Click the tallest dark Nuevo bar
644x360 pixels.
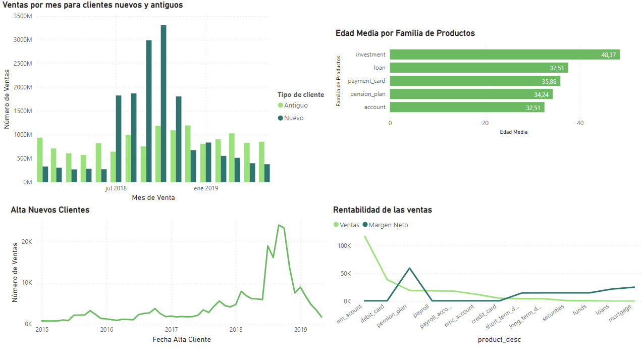(x=164, y=104)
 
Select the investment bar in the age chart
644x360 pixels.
(x=504, y=55)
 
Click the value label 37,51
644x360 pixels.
(x=557, y=68)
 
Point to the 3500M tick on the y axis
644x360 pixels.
(x=22, y=16)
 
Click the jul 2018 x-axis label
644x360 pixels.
(x=116, y=189)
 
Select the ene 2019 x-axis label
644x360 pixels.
(x=206, y=189)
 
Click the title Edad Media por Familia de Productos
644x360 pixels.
(x=405, y=33)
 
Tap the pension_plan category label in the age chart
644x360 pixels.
(x=366, y=94)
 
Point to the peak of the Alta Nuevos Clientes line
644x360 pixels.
(x=279, y=225)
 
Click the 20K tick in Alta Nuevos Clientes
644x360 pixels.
(x=26, y=242)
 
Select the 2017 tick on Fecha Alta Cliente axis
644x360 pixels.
(x=171, y=330)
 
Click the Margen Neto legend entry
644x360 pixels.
(x=388, y=225)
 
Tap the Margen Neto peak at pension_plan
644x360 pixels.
(x=409, y=268)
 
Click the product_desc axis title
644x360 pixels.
(x=499, y=340)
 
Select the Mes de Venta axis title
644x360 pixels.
(x=153, y=198)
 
